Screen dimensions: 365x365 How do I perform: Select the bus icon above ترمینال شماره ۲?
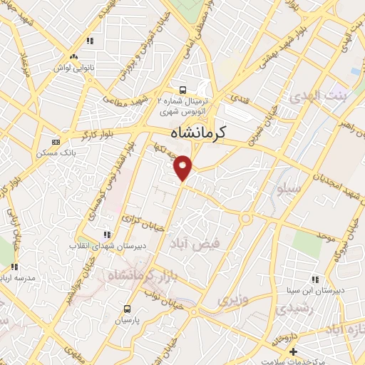pos(183,90)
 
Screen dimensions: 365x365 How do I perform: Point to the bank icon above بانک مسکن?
pos(56,142)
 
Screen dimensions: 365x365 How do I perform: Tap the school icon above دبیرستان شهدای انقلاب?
pos(107,234)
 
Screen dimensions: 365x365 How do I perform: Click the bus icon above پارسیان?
pos(127,309)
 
